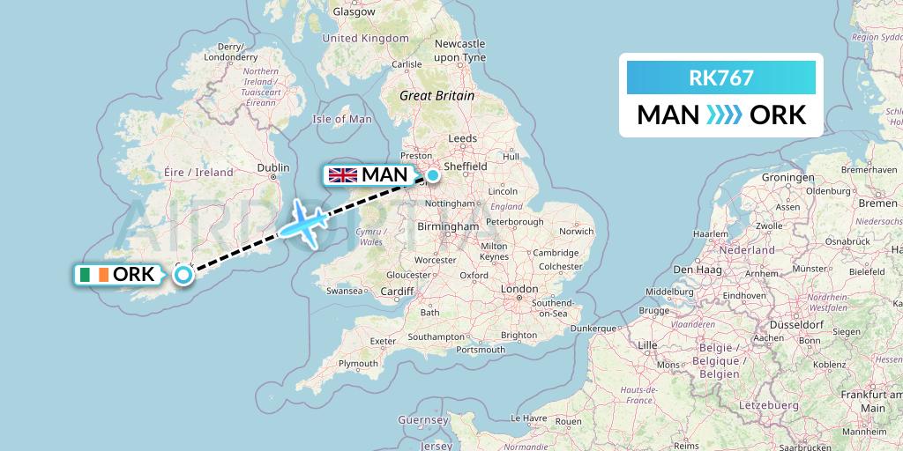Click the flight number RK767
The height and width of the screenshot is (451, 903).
(x=720, y=78)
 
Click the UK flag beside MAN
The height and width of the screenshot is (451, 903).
(x=342, y=174)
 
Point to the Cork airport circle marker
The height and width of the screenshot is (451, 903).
(x=183, y=275)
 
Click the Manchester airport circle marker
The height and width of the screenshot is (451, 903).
(x=432, y=174)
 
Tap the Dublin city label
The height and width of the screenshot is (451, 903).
(x=272, y=167)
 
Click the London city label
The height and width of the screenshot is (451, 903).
(x=519, y=289)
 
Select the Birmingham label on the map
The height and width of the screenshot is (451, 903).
(x=449, y=226)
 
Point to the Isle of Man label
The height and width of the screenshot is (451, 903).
(x=342, y=119)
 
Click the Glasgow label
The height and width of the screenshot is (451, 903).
(x=354, y=12)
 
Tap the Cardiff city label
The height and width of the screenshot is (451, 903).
(x=398, y=292)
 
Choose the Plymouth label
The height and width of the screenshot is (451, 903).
(x=358, y=363)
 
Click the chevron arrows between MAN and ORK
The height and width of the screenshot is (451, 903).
(x=724, y=115)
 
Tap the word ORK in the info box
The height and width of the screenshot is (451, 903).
(x=777, y=115)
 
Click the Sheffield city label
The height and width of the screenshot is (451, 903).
(x=466, y=166)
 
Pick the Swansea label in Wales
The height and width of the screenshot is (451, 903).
(x=344, y=290)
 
